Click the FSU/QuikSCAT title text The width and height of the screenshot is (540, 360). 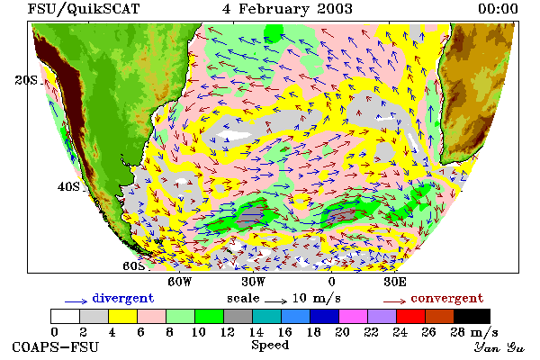(x=84, y=9)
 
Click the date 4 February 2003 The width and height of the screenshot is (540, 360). (x=287, y=9)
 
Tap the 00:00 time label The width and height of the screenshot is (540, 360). (x=498, y=9)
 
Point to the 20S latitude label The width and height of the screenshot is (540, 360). (x=26, y=80)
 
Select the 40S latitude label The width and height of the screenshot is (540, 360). (x=68, y=186)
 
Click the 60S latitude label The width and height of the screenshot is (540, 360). (x=134, y=266)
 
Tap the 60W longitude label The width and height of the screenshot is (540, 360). (x=179, y=282)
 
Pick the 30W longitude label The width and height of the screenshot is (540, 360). (x=254, y=282)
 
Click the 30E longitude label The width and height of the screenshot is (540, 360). (x=395, y=282)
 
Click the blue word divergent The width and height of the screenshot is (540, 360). (x=123, y=298)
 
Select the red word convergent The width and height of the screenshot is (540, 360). (x=447, y=298)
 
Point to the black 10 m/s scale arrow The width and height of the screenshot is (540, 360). (x=276, y=301)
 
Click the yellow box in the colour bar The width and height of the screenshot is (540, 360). (x=122, y=316)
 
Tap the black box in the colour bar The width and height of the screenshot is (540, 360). (x=472, y=316)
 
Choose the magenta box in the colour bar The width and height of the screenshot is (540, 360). (x=354, y=316)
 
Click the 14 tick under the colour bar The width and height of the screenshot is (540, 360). (x=256, y=332)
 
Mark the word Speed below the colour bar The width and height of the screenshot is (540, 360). (x=270, y=346)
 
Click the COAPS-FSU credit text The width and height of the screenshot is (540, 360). (x=56, y=346)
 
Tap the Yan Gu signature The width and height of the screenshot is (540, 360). (x=499, y=347)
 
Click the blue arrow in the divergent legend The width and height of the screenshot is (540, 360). (x=76, y=301)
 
